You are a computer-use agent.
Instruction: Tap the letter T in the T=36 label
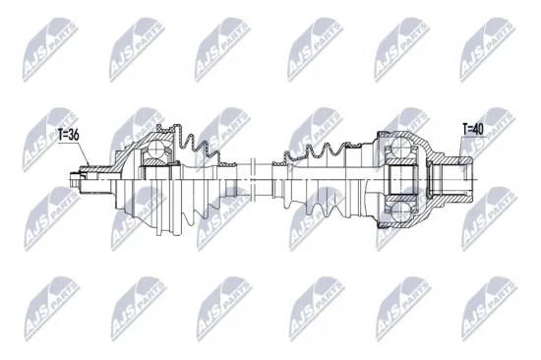[x=62, y=137]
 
